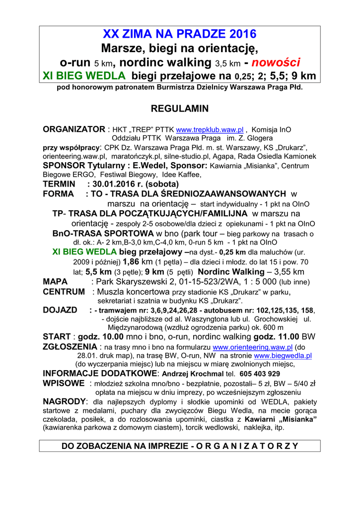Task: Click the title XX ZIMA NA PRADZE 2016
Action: point(180,34)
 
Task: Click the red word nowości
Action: point(276,63)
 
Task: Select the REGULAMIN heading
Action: point(180,109)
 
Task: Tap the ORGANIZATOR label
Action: point(74,129)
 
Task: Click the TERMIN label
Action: point(59,184)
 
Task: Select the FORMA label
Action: point(58,193)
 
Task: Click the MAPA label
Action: point(55,282)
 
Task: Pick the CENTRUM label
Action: point(64,291)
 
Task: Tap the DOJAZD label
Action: point(60,310)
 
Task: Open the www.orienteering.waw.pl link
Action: point(252,347)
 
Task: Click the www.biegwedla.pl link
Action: point(283,356)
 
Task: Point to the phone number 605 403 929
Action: point(259,374)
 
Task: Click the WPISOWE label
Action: point(64,383)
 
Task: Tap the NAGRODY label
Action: point(65,401)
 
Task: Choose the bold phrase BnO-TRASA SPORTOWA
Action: point(103,233)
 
